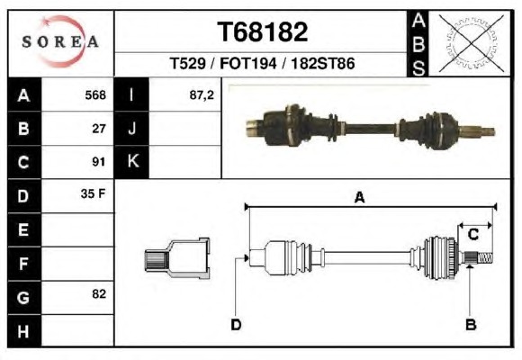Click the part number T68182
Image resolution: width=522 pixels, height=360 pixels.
tap(262, 32)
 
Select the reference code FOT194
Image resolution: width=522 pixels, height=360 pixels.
tap(248, 64)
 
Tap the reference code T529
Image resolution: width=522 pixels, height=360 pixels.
tap(188, 64)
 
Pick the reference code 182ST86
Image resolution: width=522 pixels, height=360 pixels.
tap(323, 64)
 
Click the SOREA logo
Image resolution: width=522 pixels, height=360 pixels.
tap(60, 41)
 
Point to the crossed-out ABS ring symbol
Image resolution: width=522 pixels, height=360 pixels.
tap(471, 43)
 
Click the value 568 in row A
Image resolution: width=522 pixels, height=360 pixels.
tap(95, 95)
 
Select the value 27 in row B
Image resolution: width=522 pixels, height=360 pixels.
tap(99, 129)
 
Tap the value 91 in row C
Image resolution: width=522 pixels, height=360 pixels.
tap(99, 162)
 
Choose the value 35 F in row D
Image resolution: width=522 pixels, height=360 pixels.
tap(93, 193)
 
